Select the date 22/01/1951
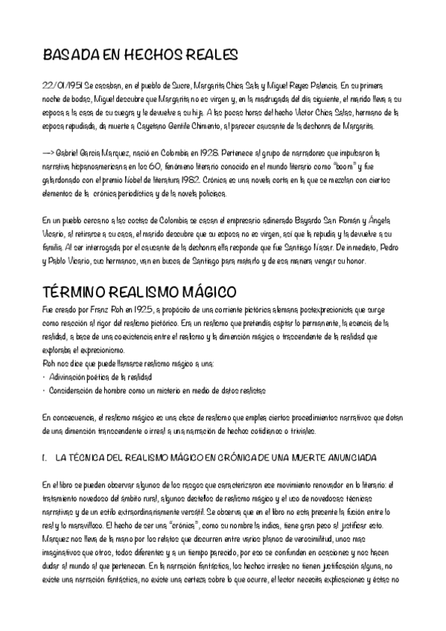(60, 86)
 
